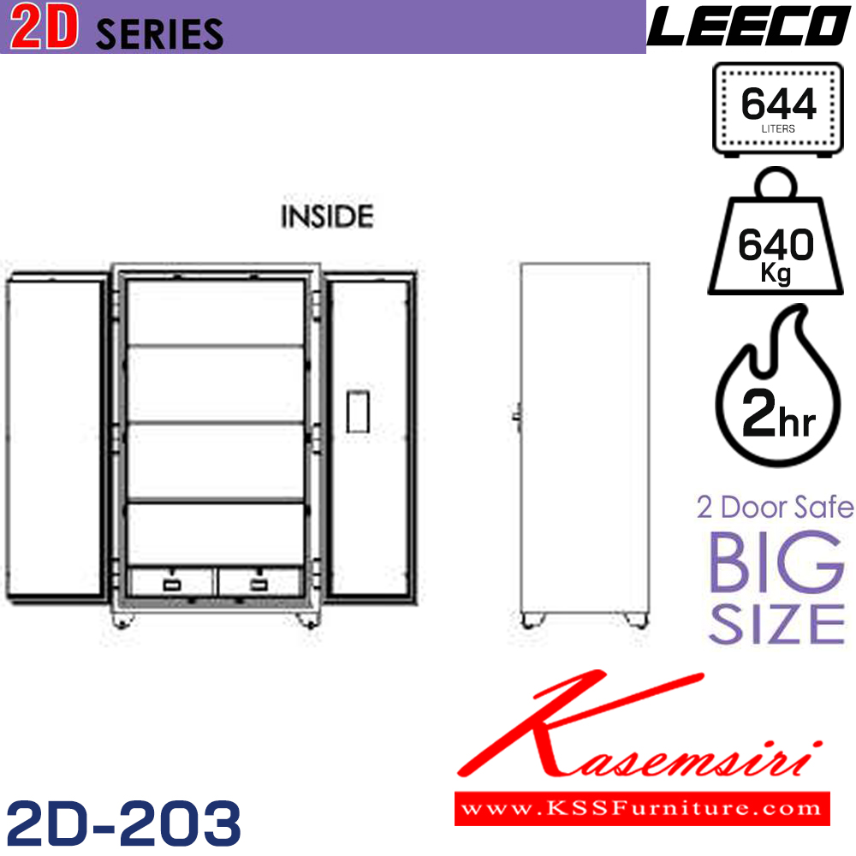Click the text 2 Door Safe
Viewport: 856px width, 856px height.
pyautogui.click(x=775, y=508)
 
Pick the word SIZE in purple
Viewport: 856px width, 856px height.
pyautogui.click(x=777, y=624)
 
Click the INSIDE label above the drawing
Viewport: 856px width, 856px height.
pyautogui.click(x=328, y=217)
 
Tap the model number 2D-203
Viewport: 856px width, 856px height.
pyautogui.click(x=122, y=823)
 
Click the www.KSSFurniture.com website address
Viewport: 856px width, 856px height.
pyautogui.click(x=642, y=806)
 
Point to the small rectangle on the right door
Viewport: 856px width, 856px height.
pyautogui.click(x=358, y=410)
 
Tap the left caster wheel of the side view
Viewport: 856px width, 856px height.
pyautogui.click(x=532, y=619)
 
